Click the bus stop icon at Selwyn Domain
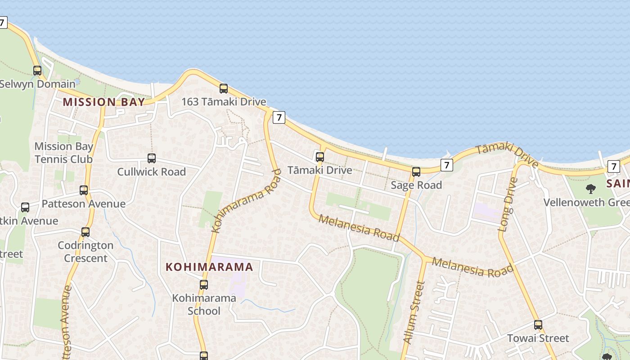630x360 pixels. tap(37, 71)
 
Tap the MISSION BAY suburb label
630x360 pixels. tap(104, 102)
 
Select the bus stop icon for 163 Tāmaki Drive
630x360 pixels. tap(224, 89)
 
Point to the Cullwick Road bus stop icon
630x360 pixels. tap(152, 158)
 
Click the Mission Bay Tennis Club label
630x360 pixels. tap(63, 153)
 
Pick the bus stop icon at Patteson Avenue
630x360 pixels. tap(84, 190)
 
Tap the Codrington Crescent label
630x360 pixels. tap(85, 252)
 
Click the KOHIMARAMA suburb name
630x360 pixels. tap(209, 267)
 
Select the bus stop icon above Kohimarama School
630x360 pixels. tap(204, 285)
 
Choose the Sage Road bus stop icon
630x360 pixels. tap(416, 172)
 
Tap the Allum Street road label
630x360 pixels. tap(414, 313)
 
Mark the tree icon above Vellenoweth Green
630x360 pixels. tap(591, 189)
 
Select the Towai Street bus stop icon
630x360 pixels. tap(538, 324)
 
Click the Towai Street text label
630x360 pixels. tap(538, 338)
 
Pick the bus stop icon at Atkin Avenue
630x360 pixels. tap(25, 207)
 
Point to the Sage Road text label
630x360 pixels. tap(416, 185)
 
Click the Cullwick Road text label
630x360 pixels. tap(152, 171)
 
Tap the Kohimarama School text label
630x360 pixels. tap(204, 304)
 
